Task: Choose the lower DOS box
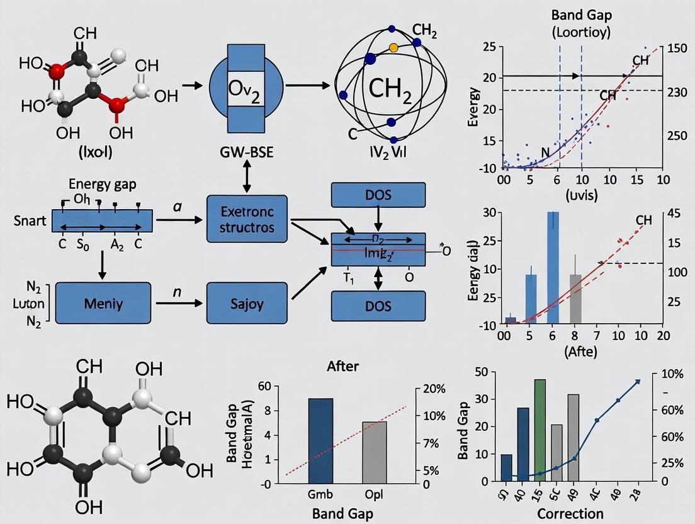point(378,306)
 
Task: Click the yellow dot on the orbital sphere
point(394,47)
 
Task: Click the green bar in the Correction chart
point(540,430)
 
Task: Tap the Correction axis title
point(571,512)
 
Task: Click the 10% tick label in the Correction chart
point(672,374)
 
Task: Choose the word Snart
point(30,221)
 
